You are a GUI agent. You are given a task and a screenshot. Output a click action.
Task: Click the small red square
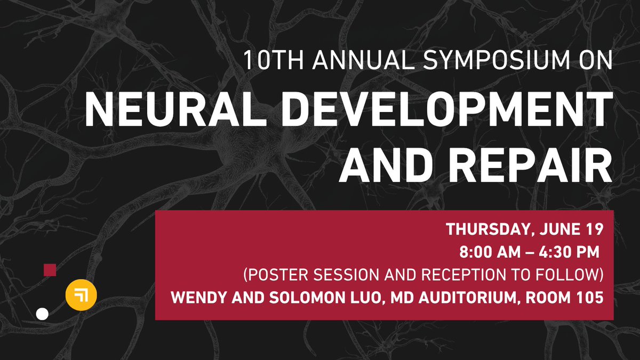tap(50, 270)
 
